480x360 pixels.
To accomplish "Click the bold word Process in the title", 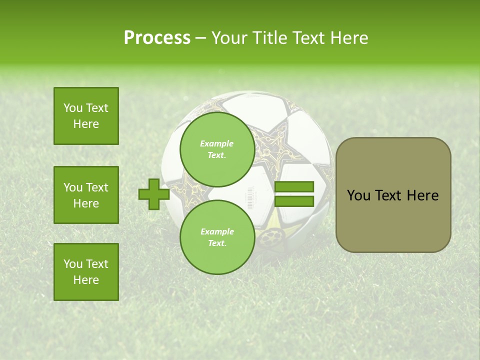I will (157, 38).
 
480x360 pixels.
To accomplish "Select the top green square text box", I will (86, 116).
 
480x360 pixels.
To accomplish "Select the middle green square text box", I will (86, 195).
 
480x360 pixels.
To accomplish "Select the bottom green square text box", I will (86, 272).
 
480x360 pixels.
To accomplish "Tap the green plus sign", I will (153, 194).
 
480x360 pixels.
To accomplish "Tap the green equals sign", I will (294, 194).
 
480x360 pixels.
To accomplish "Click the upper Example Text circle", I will (217, 149).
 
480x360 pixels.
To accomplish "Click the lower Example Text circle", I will (217, 237).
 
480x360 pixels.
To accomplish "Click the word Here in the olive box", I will (422, 195).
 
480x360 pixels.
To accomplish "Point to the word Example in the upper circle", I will (217, 143).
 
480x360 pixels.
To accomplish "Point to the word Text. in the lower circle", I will (217, 243).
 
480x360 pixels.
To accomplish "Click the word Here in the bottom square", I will (86, 280).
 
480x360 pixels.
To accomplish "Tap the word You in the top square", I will (73, 108).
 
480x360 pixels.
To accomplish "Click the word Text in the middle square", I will (97, 187).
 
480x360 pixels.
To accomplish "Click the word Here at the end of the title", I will (349, 38).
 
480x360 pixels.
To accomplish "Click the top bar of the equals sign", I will (294, 187).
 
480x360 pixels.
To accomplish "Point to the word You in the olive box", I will (358, 195).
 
